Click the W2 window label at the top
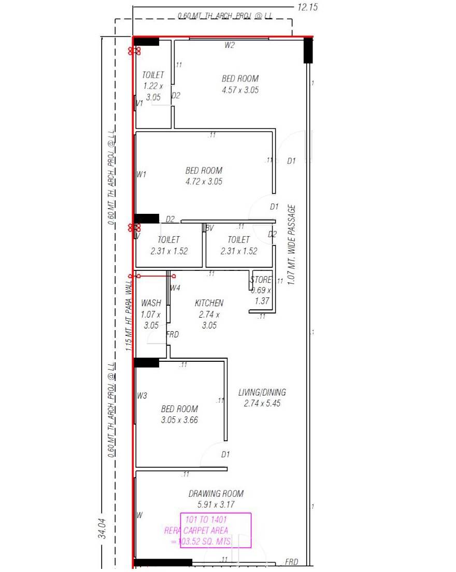230,45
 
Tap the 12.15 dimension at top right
308,7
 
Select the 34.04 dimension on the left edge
103,527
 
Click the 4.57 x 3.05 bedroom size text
240,90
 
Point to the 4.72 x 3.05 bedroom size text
204,182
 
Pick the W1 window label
141,174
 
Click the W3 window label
142,396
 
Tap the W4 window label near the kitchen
175,288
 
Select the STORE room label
261,280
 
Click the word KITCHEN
209,303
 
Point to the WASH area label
151,303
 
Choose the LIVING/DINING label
262,392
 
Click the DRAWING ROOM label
216,494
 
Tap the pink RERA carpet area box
215,530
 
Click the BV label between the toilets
209,228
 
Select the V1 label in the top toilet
139,104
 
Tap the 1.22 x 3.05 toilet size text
153,91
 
